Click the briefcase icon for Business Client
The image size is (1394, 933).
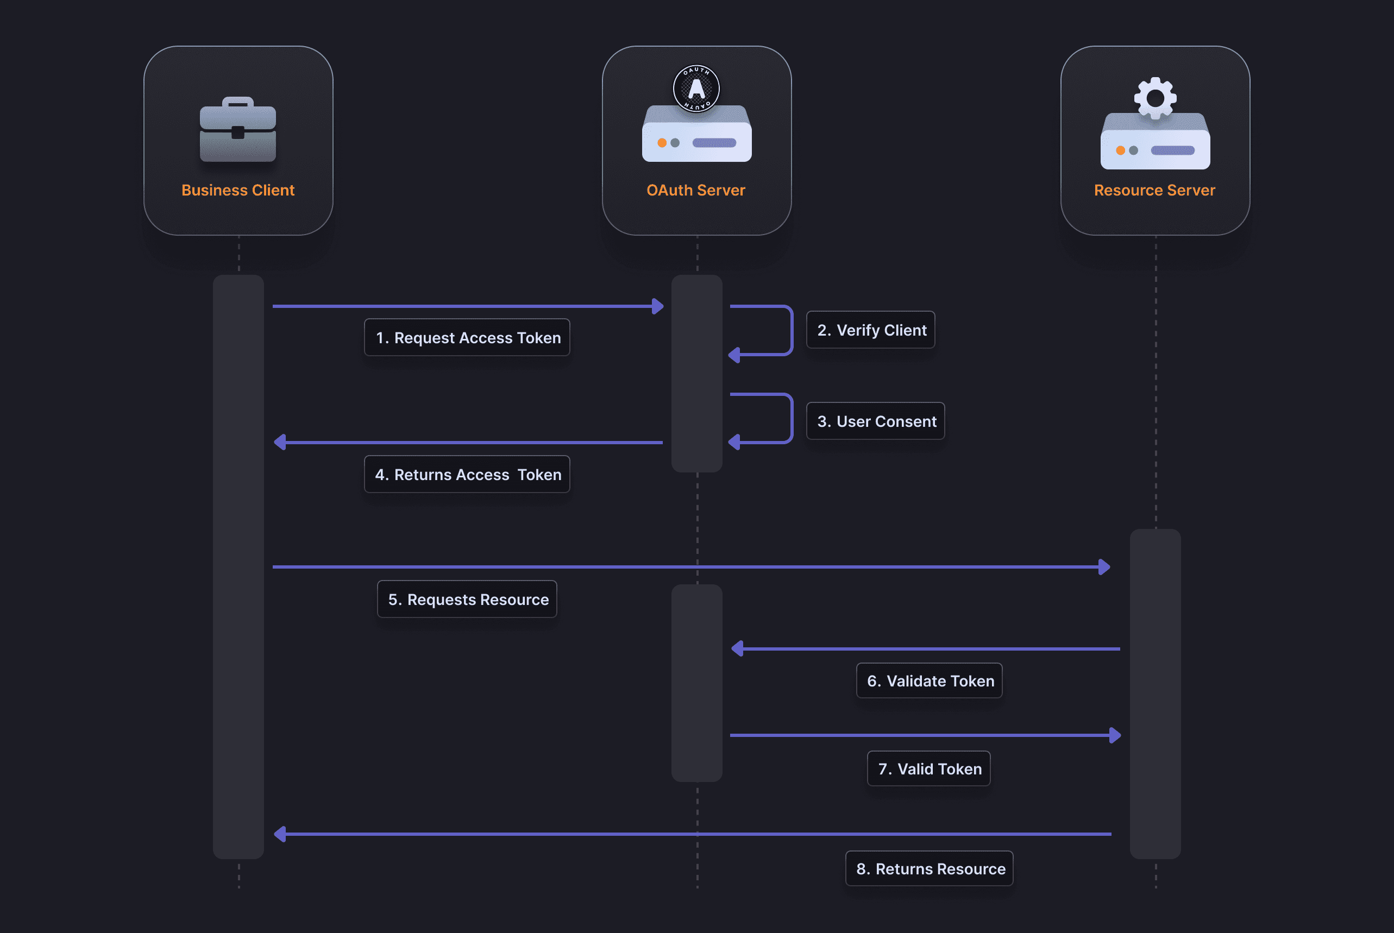click(237, 130)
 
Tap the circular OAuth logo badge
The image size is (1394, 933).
click(696, 89)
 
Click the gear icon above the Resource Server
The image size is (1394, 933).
click(1155, 98)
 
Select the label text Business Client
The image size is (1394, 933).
click(237, 190)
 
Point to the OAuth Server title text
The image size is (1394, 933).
click(696, 190)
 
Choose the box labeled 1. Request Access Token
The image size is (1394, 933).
click(467, 337)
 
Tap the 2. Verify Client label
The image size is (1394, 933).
click(870, 330)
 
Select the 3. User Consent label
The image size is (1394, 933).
click(875, 421)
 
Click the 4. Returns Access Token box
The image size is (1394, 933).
click(467, 474)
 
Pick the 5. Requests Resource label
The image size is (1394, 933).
click(467, 599)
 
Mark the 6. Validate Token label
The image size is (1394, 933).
click(929, 680)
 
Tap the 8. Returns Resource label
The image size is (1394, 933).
click(929, 869)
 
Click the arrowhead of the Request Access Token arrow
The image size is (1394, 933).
click(658, 306)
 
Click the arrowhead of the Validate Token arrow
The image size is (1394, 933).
click(738, 648)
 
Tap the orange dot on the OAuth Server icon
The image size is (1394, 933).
click(661, 143)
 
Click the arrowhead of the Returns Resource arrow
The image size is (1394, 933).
click(280, 834)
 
